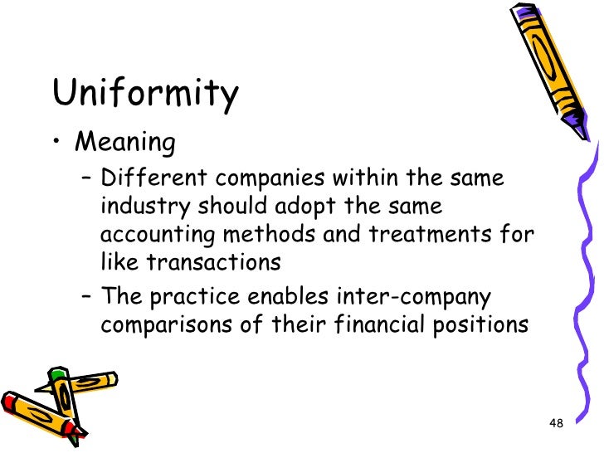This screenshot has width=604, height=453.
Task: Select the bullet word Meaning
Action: click(125, 143)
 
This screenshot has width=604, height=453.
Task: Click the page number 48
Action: click(557, 424)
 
